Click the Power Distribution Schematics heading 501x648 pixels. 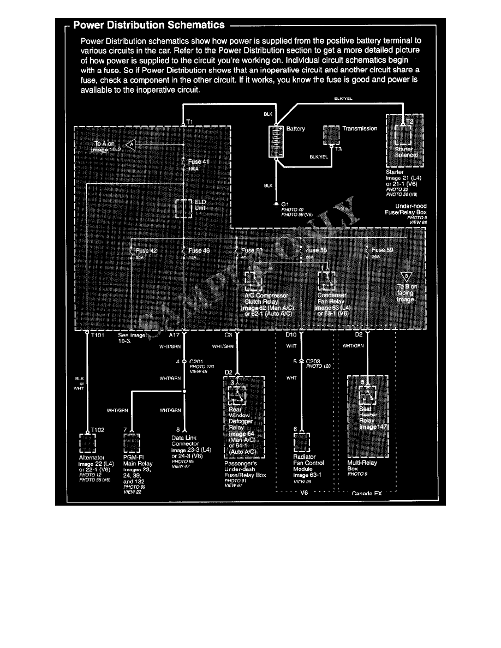pos(148,25)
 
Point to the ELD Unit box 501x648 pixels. pos(183,208)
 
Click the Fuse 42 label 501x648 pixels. pos(145,251)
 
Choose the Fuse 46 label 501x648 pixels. pos(199,251)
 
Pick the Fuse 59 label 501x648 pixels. pos(382,251)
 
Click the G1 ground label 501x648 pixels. pos(285,204)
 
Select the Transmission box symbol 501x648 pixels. pos(331,135)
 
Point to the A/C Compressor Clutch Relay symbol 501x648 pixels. pos(253,280)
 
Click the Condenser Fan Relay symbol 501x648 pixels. pos(326,280)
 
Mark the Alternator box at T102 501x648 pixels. pos(88,443)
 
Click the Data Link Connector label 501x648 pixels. pos(186,441)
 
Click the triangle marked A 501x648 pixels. pos(130,145)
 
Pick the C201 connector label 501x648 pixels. pos(197,361)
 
